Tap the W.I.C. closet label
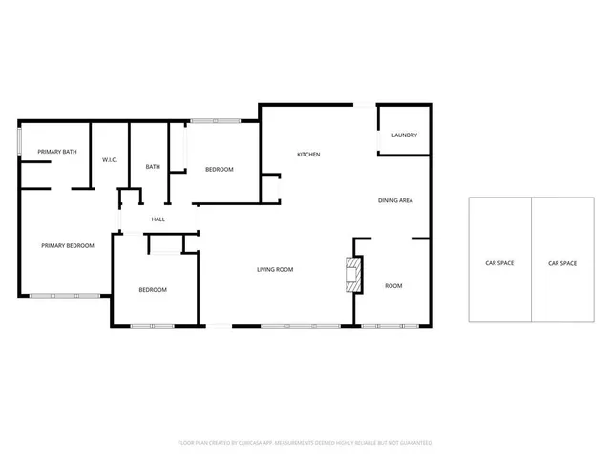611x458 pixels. click(x=110, y=159)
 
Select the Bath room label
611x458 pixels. click(x=153, y=167)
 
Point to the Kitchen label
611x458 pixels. click(x=307, y=155)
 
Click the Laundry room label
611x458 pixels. click(x=404, y=135)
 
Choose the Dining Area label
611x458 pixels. click(x=394, y=200)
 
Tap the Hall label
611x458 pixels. click(x=158, y=219)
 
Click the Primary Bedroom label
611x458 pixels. click(x=68, y=246)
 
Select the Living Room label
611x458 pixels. click(x=274, y=270)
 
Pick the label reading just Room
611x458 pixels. click(x=393, y=286)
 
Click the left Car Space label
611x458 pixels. click(x=499, y=263)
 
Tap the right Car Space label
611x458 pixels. click(x=562, y=263)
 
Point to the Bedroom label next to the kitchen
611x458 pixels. click(x=220, y=170)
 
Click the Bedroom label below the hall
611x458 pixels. click(x=153, y=290)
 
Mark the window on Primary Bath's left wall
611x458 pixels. click(x=20, y=141)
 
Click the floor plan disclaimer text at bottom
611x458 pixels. click(x=305, y=443)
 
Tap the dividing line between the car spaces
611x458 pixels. click(x=531, y=260)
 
